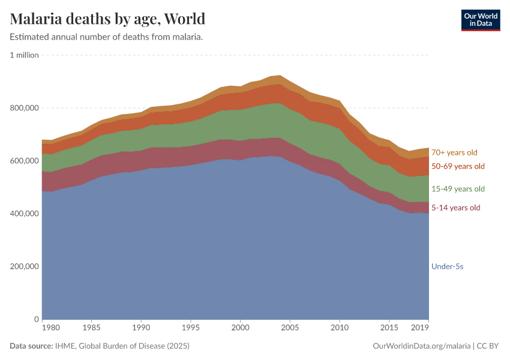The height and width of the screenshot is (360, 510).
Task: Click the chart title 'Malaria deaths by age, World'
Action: (107, 19)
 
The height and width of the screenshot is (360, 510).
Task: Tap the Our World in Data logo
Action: (480, 20)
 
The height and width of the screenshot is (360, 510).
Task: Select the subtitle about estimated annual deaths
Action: (106, 37)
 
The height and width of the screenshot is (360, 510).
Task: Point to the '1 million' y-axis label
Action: (24, 55)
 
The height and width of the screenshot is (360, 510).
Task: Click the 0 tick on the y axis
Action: (36, 319)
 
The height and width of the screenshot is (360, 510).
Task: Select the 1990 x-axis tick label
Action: (141, 328)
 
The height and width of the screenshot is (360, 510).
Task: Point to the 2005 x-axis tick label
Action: (290, 328)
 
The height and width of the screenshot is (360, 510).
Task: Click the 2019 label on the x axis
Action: (420, 328)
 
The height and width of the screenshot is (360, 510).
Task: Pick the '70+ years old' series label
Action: (455, 152)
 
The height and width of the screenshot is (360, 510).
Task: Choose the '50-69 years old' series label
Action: (458, 166)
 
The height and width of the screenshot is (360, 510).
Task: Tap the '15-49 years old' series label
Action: (458, 189)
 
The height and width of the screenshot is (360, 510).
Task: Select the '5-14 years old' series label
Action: (456, 208)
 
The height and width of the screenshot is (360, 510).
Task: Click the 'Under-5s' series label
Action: (447, 266)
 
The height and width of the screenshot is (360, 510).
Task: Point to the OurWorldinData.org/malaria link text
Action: (420, 346)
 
